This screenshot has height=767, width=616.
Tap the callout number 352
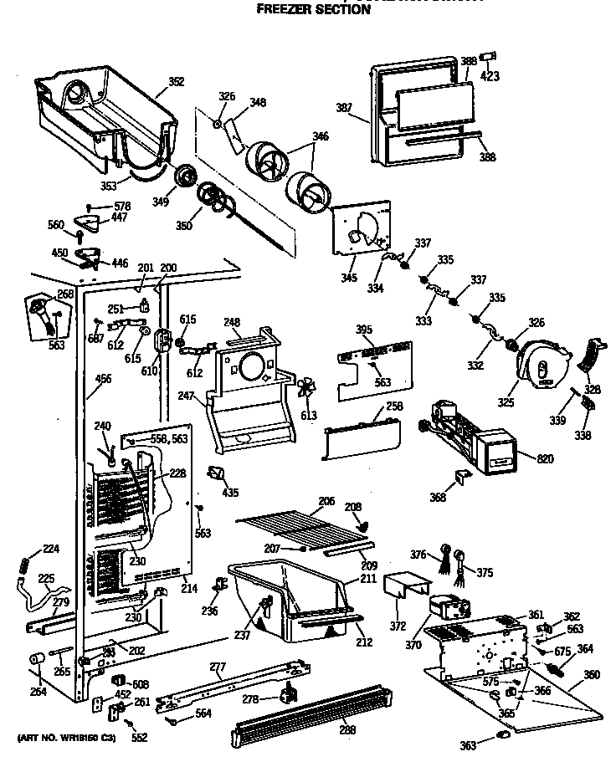click(x=177, y=82)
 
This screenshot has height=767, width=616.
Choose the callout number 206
click(x=326, y=501)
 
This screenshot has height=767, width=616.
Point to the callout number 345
click(x=349, y=278)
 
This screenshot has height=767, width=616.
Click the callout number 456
click(x=103, y=379)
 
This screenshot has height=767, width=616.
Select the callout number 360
click(x=592, y=674)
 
